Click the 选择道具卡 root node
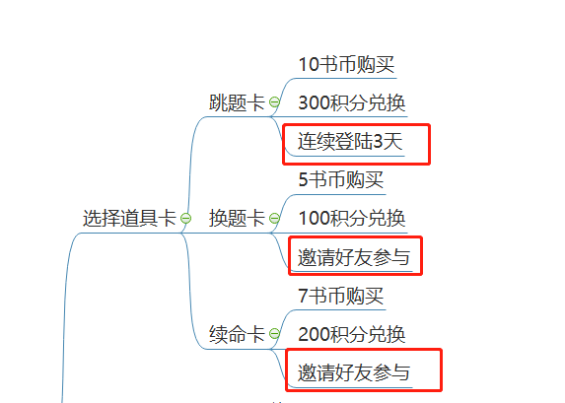coord(129,218)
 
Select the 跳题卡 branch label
coord(237,102)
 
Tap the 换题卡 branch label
coord(237,218)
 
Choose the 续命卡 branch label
coord(237,334)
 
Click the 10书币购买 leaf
coord(346,64)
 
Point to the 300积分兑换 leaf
coord(352,102)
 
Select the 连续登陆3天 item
coord(351,142)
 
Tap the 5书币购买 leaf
coord(340,180)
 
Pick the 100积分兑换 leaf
coord(352,218)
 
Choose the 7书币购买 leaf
coord(340,296)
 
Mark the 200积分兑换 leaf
coord(352,334)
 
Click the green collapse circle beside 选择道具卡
coord(185,219)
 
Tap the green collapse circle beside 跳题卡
coord(274,102)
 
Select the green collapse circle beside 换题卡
coord(274,219)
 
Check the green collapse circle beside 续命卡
coord(274,334)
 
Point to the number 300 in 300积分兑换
coord(315,102)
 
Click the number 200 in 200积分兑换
coord(315,334)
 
